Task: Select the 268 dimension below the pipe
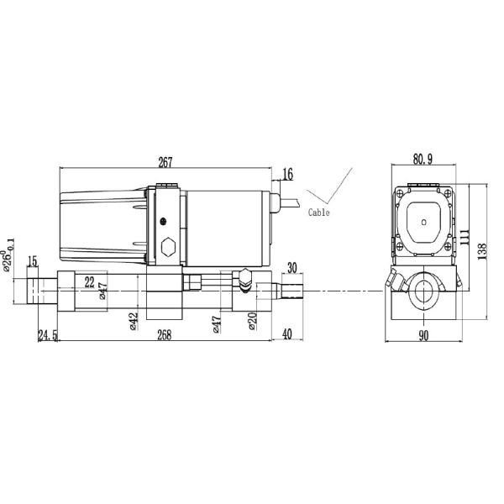point(165,334)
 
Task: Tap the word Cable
point(319,213)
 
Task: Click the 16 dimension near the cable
point(288,174)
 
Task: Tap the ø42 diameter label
point(134,322)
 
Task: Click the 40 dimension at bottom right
point(286,334)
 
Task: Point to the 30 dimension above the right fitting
point(291,268)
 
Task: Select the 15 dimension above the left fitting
point(34,262)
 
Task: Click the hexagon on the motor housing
point(167,248)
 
